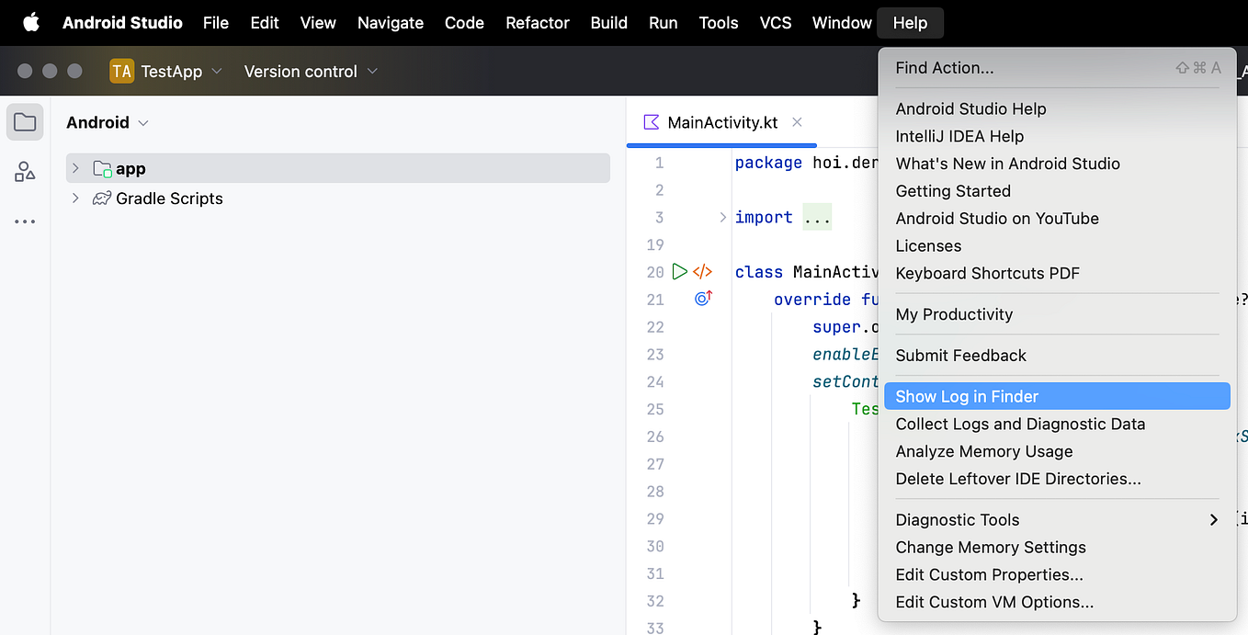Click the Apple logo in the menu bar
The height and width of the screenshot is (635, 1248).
[x=31, y=22]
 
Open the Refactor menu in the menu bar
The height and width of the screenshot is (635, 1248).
[x=537, y=23]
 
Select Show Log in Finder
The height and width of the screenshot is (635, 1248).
[x=967, y=396]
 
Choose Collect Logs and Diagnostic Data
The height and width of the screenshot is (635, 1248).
[x=1020, y=424]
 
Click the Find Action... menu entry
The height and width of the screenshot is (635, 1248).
[x=945, y=68]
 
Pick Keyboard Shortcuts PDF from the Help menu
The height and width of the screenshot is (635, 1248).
[x=987, y=273]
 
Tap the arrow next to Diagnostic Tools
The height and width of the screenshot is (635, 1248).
[x=1213, y=520]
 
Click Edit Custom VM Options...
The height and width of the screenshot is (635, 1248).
[x=994, y=602]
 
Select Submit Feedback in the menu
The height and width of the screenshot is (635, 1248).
[x=960, y=356]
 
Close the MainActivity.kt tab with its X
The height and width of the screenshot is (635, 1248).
[x=797, y=122]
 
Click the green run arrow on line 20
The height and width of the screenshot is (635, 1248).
[x=679, y=272]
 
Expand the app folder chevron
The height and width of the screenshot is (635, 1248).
[x=75, y=168]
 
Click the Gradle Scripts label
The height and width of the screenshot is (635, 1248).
[x=169, y=198]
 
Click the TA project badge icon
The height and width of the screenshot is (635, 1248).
[x=121, y=72]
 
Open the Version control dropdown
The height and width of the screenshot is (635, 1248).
[x=311, y=72]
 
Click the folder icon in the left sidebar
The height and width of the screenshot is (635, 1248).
[x=25, y=122]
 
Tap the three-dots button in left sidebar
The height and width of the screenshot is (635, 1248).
[x=25, y=221]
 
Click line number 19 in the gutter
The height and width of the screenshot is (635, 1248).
[x=655, y=244]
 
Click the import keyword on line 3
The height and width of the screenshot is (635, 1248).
[x=764, y=217]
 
